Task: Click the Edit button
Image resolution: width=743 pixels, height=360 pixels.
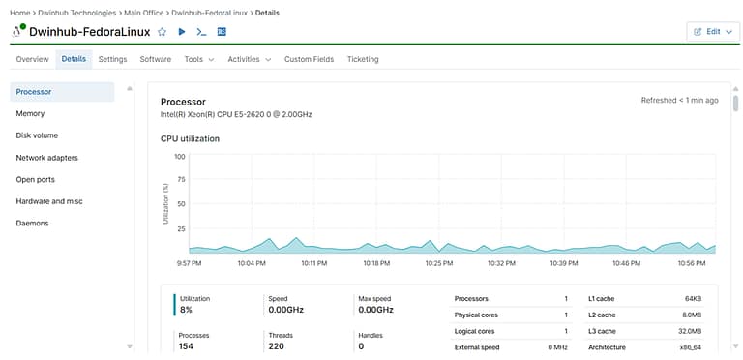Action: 712,31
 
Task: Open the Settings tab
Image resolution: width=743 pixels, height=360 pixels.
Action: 112,59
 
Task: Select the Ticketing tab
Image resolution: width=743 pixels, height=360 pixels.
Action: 363,59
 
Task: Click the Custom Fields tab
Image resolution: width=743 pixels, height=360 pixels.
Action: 309,59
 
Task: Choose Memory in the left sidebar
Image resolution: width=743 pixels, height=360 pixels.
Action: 30,113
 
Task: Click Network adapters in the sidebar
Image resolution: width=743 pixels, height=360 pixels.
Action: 46,157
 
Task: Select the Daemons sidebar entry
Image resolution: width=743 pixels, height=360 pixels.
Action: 32,223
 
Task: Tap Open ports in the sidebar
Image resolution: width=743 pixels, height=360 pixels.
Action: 37,179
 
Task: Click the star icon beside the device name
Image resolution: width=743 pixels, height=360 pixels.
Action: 162,32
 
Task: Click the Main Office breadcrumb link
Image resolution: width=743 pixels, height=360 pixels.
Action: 144,12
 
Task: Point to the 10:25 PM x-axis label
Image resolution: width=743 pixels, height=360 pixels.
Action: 438,262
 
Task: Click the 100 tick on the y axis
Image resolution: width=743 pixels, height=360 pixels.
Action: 179,156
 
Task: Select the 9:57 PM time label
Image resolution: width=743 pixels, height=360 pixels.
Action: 189,262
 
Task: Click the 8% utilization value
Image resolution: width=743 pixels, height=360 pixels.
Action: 186,310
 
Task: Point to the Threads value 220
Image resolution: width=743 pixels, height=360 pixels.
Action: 276,345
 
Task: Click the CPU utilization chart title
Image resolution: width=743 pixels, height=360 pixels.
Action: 190,138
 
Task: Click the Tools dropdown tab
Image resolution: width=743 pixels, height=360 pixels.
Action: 198,59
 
